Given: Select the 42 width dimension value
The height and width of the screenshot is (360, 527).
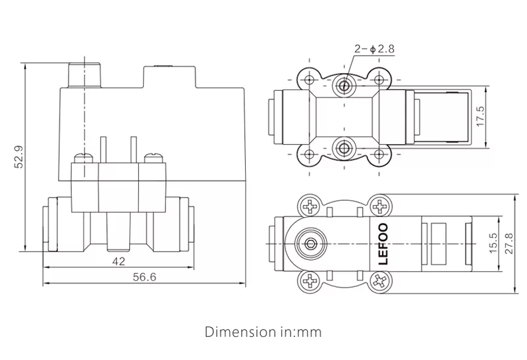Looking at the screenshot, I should point(119,261).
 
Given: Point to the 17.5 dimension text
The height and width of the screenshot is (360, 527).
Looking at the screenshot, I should point(480,116).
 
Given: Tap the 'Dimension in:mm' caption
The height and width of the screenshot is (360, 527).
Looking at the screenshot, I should point(263,332).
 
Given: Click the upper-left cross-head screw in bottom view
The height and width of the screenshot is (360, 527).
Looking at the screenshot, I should point(309,207).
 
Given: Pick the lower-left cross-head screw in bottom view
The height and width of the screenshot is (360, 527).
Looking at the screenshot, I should point(309,282).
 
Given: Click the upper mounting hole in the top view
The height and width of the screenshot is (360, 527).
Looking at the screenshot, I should point(343,84).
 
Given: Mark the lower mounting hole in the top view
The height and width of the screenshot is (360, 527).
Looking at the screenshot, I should point(343,147).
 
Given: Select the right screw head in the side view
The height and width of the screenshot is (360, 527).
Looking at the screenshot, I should point(153,157).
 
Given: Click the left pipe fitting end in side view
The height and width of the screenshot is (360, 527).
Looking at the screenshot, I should point(47,227).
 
